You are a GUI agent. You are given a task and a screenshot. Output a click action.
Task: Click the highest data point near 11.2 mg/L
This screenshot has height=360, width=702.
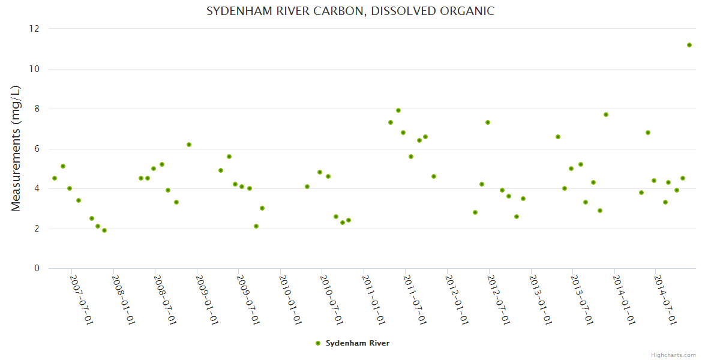[x=689, y=45]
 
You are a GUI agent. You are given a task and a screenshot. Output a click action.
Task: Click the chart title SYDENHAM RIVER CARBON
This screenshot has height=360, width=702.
[x=350, y=11]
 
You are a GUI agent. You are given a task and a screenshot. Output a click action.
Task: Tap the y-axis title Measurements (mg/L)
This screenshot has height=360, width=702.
[x=16, y=148]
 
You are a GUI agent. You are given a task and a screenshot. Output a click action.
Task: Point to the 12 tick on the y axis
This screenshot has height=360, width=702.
[x=34, y=29]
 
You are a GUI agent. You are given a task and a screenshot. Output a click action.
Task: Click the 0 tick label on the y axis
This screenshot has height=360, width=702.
[x=37, y=268]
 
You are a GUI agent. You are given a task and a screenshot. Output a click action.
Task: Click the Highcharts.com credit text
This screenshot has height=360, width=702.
[x=673, y=355]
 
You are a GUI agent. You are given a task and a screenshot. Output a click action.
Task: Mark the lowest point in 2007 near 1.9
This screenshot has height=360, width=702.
[x=104, y=230]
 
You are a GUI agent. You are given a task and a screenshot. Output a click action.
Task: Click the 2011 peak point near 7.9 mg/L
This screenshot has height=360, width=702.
[x=398, y=110]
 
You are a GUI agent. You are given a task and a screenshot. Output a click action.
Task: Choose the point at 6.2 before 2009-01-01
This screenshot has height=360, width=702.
[x=189, y=145]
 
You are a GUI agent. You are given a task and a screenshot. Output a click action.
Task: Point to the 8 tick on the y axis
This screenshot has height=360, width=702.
[x=37, y=109]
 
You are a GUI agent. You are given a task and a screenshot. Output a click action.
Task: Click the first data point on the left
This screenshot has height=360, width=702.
[x=55, y=178]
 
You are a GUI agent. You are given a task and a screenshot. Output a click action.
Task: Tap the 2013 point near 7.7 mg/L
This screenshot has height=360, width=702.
[x=606, y=115]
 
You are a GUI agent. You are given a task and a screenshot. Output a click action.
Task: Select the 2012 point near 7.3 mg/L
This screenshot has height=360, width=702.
[x=488, y=122]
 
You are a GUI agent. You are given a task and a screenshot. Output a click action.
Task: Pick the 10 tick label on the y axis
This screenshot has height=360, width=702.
[x=34, y=69]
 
